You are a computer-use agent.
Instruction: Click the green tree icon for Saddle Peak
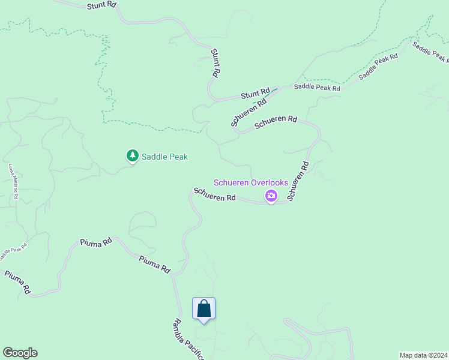pyautogui.click(x=132, y=156)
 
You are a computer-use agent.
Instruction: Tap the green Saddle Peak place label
pyautogui.click(x=164, y=157)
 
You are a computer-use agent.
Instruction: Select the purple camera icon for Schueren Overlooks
pyautogui.click(x=271, y=196)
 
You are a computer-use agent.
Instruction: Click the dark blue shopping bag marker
pyautogui.click(x=203, y=309)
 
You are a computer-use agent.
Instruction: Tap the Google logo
pyautogui.click(x=20, y=353)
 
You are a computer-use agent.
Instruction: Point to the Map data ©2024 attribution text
pyautogui.click(x=423, y=355)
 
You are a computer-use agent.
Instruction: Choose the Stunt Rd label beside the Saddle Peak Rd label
pyautogui.click(x=255, y=94)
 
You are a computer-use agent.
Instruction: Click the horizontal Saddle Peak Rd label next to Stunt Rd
pyautogui.click(x=317, y=88)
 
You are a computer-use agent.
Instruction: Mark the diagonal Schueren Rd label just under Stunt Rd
pyautogui.click(x=249, y=112)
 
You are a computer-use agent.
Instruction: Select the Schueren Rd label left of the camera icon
pyautogui.click(x=214, y=194)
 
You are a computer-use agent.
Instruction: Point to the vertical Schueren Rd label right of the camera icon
pyautogui.click(x=298, y=181)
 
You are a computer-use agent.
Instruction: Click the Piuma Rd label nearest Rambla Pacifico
pyautogui.click(x=155, y=264)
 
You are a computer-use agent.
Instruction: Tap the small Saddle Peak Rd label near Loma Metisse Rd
pyautogui.click(x=13, y=251)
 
